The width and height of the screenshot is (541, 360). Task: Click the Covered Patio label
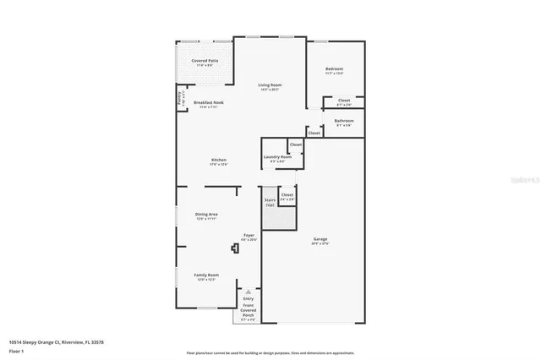tap(204, 61)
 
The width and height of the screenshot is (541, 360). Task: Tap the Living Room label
tap(270, 85)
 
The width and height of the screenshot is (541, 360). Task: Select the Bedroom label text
tap(335, 68)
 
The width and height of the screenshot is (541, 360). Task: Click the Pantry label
tap(179, 98)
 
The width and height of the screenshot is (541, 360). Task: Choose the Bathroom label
tap(343, 121)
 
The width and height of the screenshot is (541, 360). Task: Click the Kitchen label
tap(219, 159)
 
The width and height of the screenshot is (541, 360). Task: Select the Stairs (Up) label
tap(270, 202)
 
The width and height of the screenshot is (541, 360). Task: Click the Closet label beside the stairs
tap(287, 195)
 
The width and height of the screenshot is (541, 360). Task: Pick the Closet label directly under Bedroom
tap(344, 101)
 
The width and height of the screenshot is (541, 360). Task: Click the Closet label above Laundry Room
tap(296, 145)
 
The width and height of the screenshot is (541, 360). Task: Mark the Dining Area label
tap(207, 215)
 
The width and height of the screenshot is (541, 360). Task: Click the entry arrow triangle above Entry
tap(249, 291)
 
